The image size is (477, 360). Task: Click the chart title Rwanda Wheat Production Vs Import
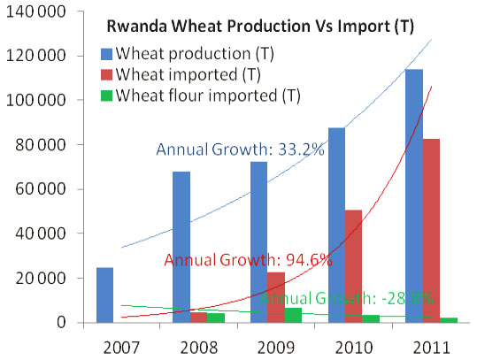click(x=260, y=27)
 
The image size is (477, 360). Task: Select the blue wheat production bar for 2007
click(x=105, y=295)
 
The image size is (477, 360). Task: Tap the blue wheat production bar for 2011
click(x=414, y=195)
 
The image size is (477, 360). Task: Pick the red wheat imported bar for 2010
click(x=353, y=266)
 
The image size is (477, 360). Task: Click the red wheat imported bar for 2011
click(x=431, y=231)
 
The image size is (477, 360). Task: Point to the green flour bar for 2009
click(x=293, y=315)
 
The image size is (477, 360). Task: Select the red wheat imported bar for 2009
click(x=276, y=297)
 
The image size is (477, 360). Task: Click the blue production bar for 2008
click(x=181, y=247)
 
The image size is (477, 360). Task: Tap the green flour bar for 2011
click(x=449, y=320)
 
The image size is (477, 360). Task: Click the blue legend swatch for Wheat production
click(x=106, y=54)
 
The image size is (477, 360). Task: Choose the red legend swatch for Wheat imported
click(x=106, y=75)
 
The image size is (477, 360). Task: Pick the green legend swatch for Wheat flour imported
click(x=106, y=96)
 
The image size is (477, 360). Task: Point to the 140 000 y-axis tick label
click(x=36, y=11)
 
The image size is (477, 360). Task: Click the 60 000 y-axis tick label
click(x=41, y=188)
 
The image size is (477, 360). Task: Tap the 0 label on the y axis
click(x=61, y=322)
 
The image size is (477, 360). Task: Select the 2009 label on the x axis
click(x=276, y=348)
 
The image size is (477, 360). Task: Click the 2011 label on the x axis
click(x=431, y=348)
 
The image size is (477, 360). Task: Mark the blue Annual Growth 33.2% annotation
click(x=241, y=149)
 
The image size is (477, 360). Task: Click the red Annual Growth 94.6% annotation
click(x=248, y=260)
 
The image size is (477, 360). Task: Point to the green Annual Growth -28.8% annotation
click(x=346, y=298)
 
